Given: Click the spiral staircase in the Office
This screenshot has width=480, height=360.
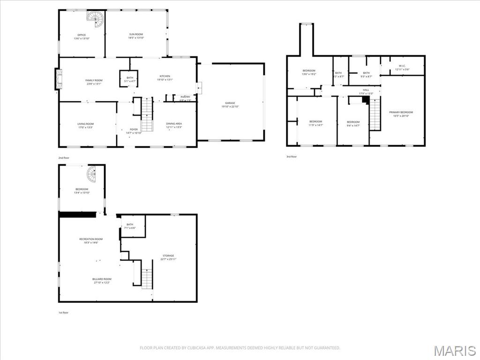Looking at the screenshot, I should [x=95, y=19].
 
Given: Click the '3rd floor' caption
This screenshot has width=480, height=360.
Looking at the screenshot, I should [x=292, y=157].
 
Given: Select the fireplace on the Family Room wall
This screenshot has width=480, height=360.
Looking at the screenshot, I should [x=58, y=79].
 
